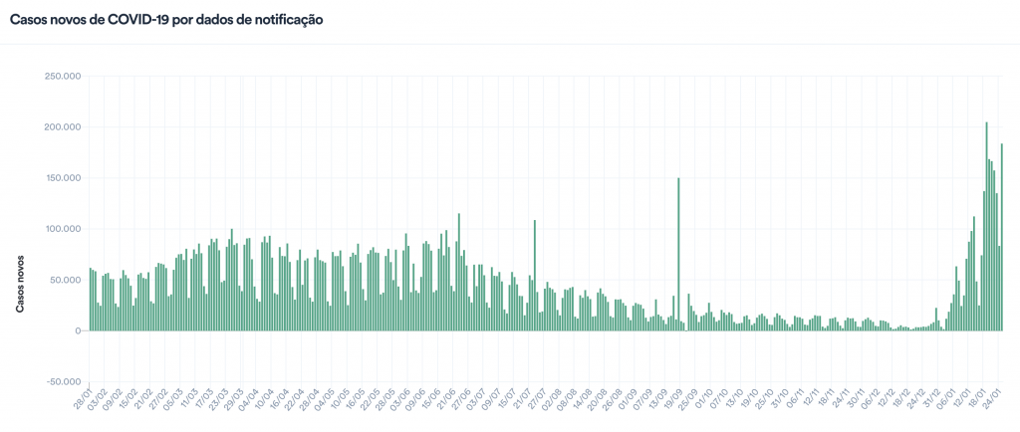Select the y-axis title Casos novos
(x=20, y=278)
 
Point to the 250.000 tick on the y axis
(x=59, y=76)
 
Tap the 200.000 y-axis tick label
(x=59, y=126)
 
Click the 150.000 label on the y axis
(x=59, y=178)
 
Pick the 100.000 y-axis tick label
(x=59, y=229)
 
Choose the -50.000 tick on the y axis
(x=59, y=381)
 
